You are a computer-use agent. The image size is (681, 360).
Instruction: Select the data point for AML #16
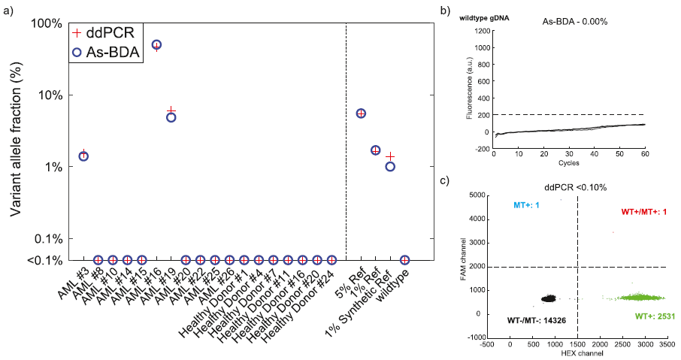(156, 45)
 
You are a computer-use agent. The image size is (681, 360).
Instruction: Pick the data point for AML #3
(83, 156)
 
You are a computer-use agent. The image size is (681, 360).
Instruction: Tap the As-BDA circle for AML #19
(171, 117)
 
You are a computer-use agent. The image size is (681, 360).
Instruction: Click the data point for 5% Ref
(361, 113)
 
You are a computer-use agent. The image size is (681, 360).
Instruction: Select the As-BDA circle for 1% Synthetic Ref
(390, 166)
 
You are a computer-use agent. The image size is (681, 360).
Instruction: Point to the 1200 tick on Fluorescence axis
(480, 32)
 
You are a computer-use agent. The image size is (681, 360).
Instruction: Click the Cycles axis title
(569, 162)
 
